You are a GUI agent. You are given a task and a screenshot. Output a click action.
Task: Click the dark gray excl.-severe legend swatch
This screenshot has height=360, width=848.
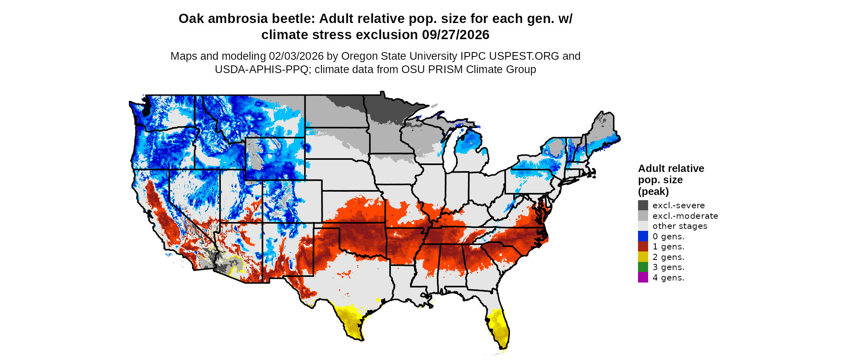(643, 205)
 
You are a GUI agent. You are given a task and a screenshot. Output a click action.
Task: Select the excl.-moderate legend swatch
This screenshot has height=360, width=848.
(643, 216)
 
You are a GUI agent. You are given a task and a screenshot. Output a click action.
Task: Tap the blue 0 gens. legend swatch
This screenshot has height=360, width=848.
(643, 236)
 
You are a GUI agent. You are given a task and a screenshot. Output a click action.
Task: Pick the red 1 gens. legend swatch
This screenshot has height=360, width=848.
(643, 247)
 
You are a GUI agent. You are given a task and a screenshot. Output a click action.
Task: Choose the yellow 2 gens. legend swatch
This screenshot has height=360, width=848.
(643, 257)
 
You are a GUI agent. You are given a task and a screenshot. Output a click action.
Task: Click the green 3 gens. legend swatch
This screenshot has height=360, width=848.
(643, 267)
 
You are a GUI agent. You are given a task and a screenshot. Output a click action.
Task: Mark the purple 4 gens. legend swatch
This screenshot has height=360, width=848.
(643, 277)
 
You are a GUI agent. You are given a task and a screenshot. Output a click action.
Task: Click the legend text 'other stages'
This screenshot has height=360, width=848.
(680, 226)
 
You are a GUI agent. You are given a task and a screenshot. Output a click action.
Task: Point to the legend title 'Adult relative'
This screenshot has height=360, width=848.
(671, 169)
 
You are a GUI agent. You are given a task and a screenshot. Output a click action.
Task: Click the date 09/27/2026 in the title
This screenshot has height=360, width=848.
(455, 35)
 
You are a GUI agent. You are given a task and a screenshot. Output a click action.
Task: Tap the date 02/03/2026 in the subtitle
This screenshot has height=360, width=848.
(296, 56)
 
